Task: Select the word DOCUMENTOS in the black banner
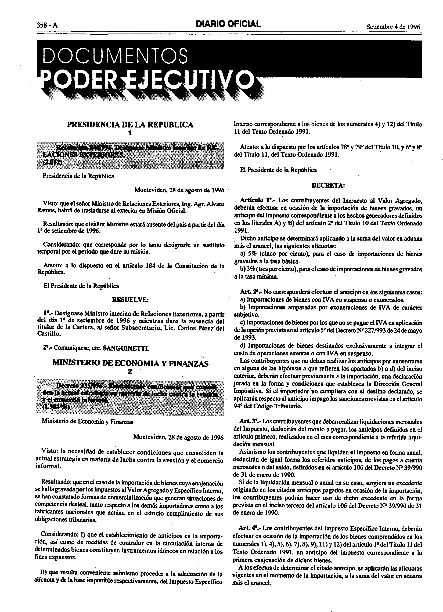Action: pyautogui.click(x=115, y=56)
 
